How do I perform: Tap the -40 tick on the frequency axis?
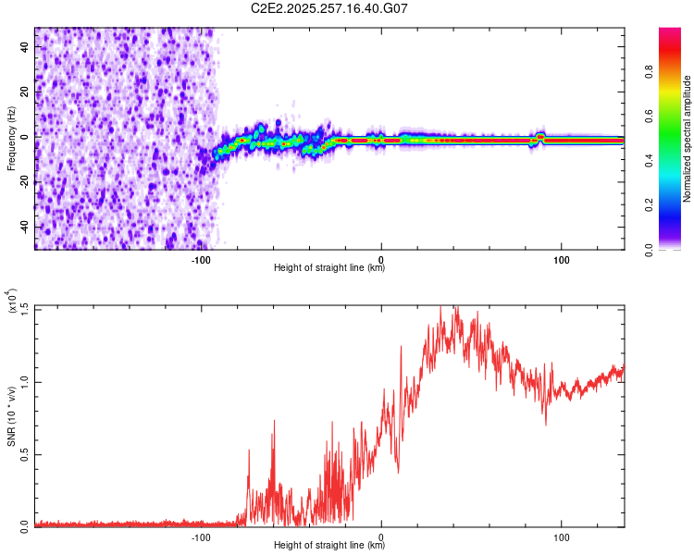click(25, 227)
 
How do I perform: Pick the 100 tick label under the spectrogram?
click(562, 260)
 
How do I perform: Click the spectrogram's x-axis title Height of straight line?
click(329, 268)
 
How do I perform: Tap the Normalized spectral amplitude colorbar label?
click(688, 139)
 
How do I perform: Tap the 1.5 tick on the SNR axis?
click(25, 307)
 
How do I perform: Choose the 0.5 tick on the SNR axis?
click(25, 453)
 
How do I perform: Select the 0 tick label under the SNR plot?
click(381, 536)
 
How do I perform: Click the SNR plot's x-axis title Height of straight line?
click(329, 546)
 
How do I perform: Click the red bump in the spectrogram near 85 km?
click(539, 137)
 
